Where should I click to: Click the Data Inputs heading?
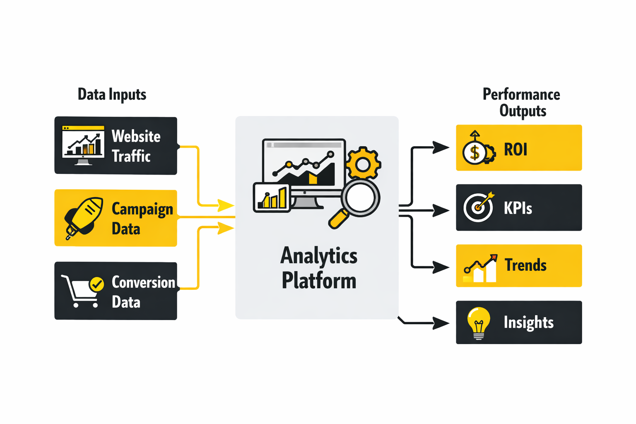point(112,94)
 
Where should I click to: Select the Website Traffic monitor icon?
point(83,145)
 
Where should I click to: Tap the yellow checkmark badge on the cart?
point(97,284)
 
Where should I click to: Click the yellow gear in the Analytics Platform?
point(363,164)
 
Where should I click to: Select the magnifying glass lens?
point(360,198)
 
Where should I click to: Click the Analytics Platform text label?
point(319,268)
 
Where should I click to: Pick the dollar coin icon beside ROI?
point(475,152)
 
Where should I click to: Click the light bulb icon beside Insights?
point(478,322)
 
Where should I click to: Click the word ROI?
point(516,149)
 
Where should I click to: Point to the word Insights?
point(528,323)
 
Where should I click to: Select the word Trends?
point(525,265)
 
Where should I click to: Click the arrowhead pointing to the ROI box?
point(441,147)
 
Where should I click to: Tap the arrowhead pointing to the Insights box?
point(441,323)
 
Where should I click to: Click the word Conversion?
point(143,282)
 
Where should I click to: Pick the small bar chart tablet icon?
point(272,198)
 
